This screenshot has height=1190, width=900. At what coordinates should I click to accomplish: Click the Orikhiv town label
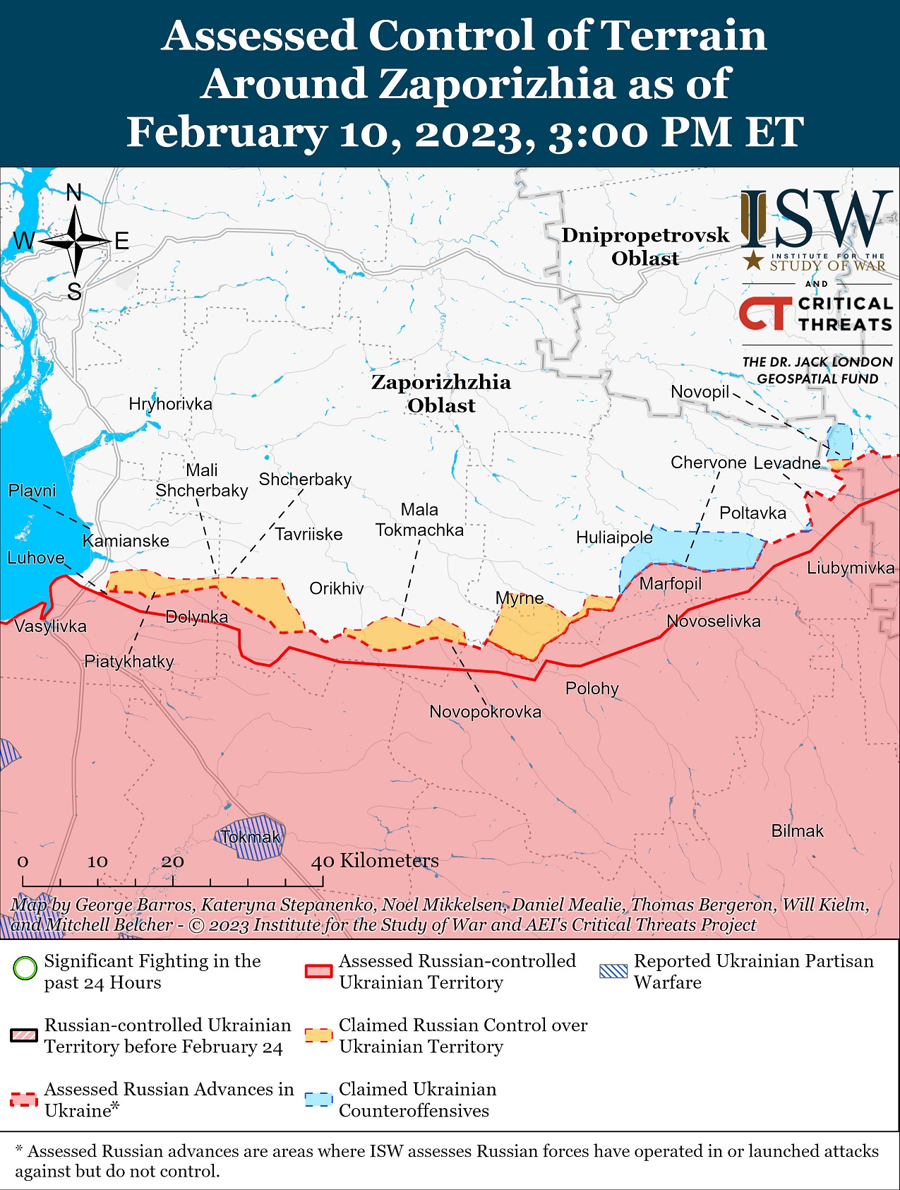point(337,588)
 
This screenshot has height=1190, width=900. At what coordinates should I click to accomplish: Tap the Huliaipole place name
point(614,537)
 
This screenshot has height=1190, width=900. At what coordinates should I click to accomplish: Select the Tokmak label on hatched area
point(251,838)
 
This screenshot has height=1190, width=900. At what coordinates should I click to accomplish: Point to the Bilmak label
point(797,831)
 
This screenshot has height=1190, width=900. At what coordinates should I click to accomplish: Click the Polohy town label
point(592,688)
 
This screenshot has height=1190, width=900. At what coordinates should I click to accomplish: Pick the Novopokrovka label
point(485,711)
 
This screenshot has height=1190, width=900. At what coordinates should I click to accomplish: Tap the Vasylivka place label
point(50,626)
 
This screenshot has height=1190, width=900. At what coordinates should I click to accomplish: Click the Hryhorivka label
point(170,404)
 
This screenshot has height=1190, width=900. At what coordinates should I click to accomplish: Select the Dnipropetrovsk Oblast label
point(645,246)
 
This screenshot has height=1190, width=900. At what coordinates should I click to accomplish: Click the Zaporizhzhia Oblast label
point(441,393)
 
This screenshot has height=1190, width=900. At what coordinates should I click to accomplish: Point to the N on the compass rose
point(74,192)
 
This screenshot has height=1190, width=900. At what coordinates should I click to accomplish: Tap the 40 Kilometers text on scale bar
point(375,860)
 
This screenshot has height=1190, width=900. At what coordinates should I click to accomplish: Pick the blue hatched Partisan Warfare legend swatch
point(613,971)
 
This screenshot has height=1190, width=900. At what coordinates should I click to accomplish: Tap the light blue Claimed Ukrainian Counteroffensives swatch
point(318,1100)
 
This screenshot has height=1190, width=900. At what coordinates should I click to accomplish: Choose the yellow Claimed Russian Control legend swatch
point(318,1035)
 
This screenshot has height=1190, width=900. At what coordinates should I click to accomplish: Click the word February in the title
point(227,132)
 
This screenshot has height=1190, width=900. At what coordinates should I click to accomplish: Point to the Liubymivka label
point(851,568)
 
